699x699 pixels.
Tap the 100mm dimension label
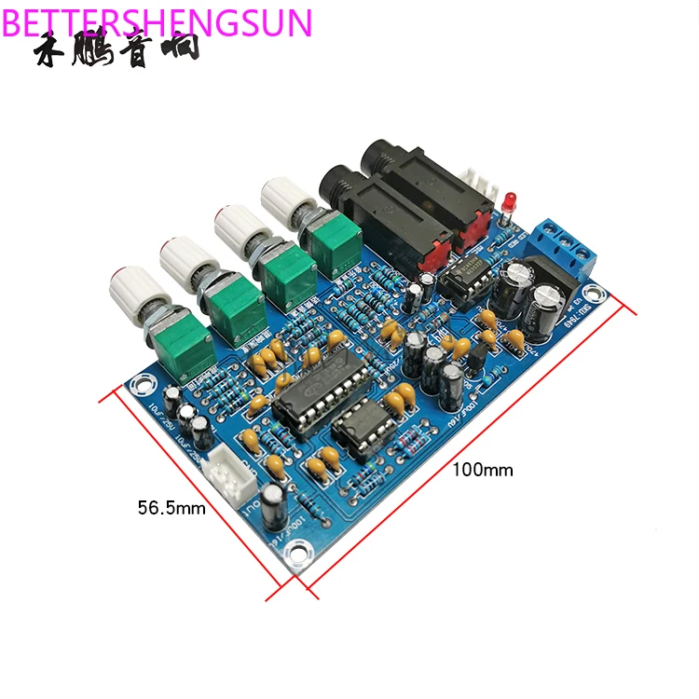coord(483,470)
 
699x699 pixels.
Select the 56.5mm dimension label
coord(171,508)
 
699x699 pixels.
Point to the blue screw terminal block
coord(564,244)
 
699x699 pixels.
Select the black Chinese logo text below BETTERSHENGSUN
coord(116,51)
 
